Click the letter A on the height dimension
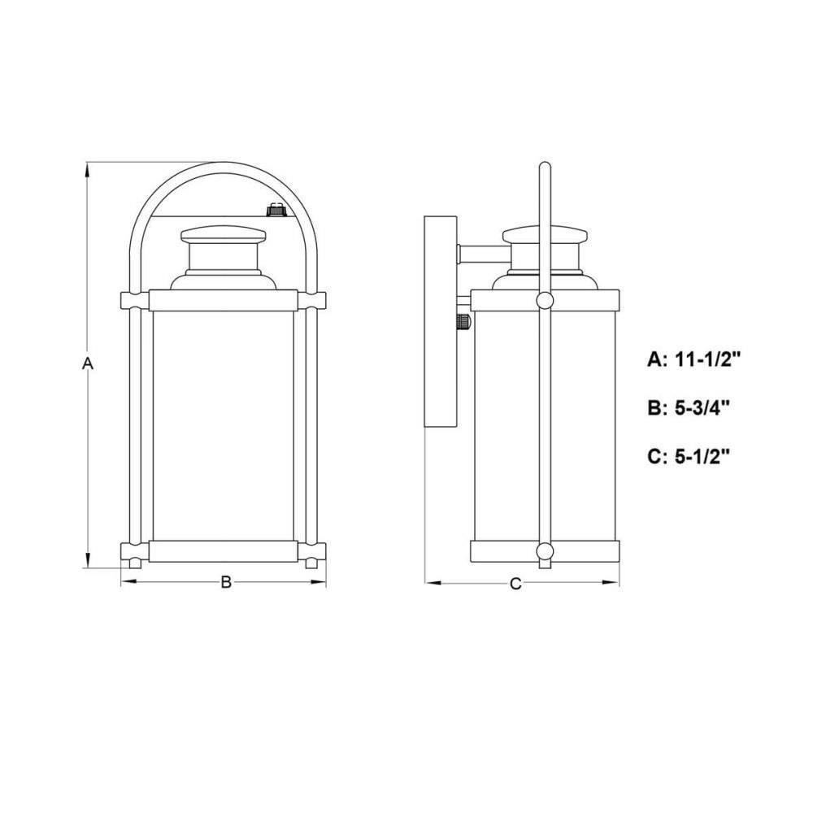[x=88, y=363]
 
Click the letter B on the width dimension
[x=226, y=582]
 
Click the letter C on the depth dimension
[x=515, y=584]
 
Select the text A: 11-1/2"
[x=692, y=359]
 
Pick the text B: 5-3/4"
[x=689, y=408]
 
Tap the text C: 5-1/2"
[x=689, y=457]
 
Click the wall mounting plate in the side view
[x=440, y=321]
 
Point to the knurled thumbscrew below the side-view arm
[x=464, y=321]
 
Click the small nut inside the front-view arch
[x=276, y=210]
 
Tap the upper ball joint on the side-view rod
[x=545, y=300]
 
